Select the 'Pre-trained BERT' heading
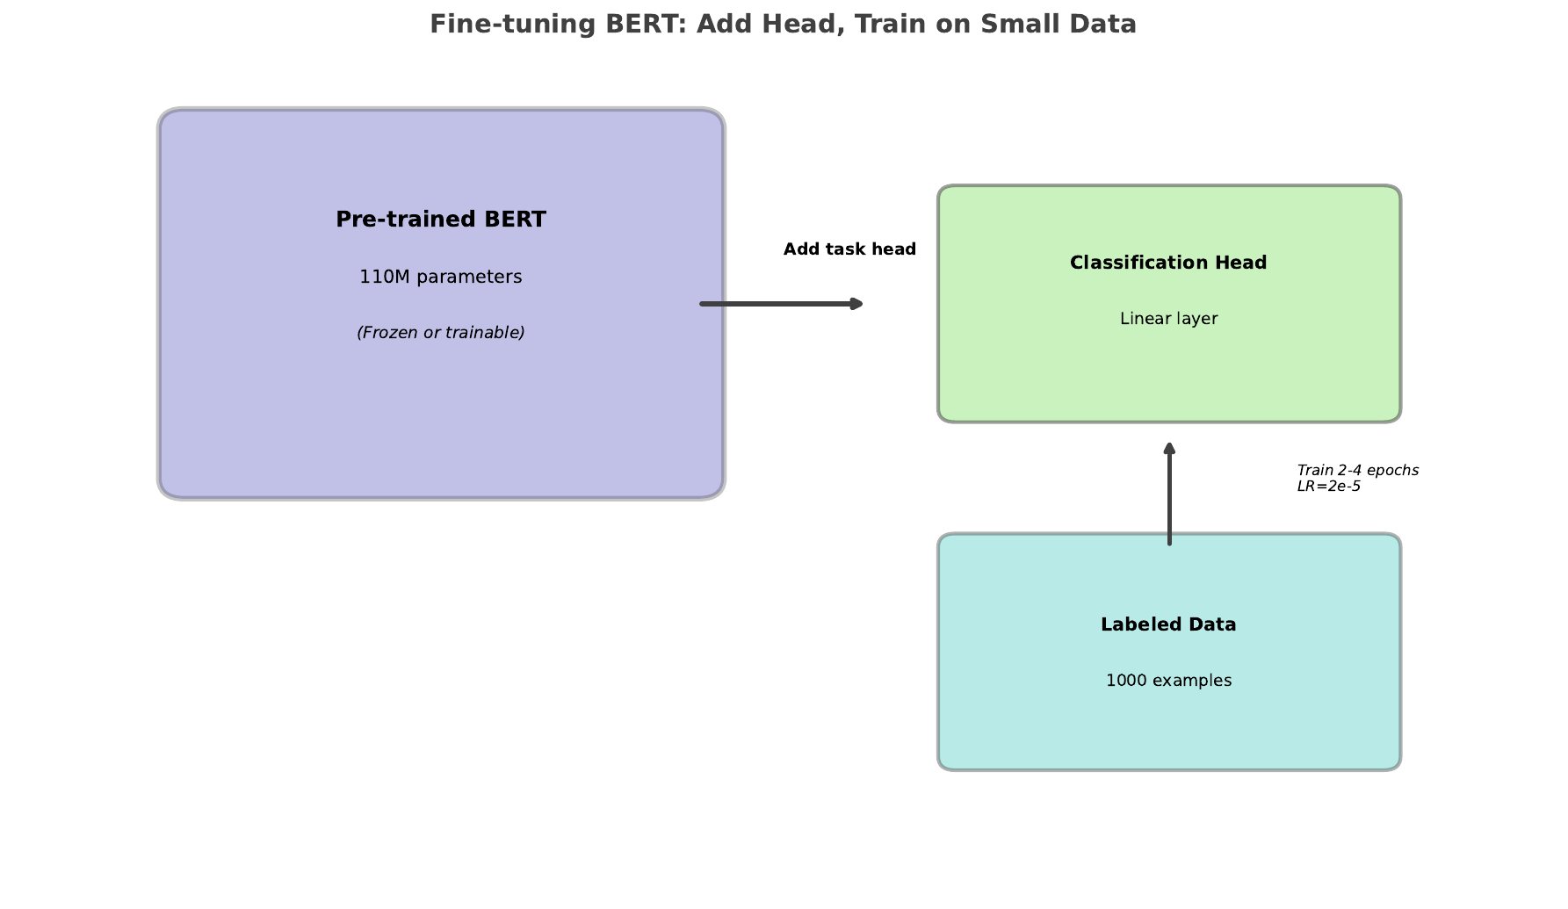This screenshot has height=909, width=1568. point(441,220)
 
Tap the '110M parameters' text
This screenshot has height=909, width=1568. point(441,277)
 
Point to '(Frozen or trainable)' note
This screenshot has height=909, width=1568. point(441,332)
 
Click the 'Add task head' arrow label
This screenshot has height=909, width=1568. point(849,249)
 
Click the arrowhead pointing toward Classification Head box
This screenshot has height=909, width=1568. point(857,304)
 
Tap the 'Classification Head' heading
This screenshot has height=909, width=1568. point(1168,263)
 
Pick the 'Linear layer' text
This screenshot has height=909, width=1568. point(1168,319)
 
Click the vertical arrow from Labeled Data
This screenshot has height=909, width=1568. point(1169,501)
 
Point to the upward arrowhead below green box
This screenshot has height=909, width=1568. point(1169,448)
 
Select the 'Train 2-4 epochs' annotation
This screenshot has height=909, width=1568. point(1357,471)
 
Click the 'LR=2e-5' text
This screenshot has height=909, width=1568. point(1328,487)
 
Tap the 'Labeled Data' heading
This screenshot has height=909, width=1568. point(1168,624)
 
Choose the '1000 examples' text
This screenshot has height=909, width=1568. point(1168,681)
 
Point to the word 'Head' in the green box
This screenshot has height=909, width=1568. point(1241,263)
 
